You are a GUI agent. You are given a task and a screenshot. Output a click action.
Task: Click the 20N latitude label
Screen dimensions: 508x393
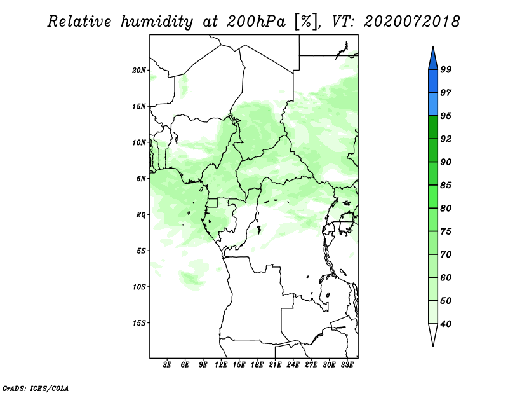point(138,71)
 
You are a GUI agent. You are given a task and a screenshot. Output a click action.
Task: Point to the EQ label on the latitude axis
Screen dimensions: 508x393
point(140,215)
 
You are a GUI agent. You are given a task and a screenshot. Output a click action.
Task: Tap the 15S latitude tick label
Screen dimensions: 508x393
point(138,323)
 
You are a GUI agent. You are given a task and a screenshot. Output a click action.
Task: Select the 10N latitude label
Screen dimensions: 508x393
point(138,142)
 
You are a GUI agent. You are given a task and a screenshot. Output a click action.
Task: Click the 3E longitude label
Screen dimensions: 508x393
point(167,365)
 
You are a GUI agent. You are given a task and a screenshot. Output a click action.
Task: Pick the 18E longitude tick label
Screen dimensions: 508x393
point(257,365)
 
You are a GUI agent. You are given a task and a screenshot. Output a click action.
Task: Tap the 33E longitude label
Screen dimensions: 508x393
point(347,365)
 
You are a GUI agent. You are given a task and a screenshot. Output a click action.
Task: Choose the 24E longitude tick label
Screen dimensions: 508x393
point(293,365)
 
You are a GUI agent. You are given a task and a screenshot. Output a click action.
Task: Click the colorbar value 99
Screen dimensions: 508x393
point(446,69)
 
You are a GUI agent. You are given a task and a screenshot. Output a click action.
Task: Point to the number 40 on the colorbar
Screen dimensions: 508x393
point(446,324)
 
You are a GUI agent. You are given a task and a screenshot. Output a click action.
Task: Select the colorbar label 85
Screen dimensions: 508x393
point(446,185)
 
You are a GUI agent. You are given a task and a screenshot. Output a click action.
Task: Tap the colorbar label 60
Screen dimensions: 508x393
point(446,277)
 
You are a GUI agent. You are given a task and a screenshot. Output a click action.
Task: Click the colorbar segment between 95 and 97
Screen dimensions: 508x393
point(433,104)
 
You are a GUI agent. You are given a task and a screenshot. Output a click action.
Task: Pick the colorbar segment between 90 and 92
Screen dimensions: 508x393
point(433,150)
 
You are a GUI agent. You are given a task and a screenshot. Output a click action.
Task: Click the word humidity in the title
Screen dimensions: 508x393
point(157,22)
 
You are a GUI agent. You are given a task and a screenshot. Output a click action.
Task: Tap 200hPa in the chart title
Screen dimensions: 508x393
point(257,22)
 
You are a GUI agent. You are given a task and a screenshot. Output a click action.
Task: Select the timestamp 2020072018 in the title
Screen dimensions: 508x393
point(411,22)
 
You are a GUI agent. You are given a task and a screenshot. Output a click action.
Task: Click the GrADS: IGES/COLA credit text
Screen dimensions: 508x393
point(36,389)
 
